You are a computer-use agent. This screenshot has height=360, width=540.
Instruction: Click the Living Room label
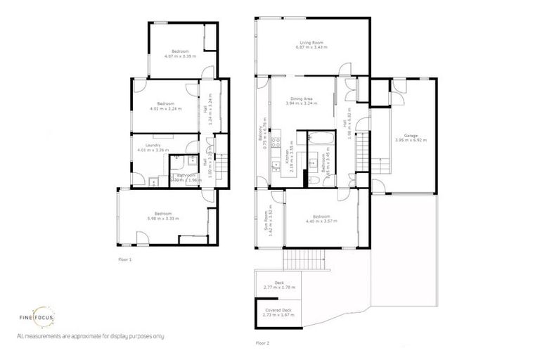305,44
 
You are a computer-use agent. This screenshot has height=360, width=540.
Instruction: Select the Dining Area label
299,98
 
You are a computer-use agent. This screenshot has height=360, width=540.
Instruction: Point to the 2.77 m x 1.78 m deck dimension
278,288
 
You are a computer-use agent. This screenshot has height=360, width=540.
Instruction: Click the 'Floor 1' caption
125,259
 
